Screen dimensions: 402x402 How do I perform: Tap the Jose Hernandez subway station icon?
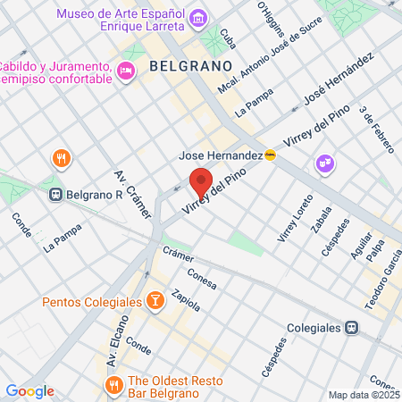click(270, 155)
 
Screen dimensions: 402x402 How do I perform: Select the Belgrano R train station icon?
click(56, 193)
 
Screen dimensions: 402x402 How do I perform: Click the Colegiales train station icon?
click(353, 328)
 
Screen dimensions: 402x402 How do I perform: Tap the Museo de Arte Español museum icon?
click(198, 18)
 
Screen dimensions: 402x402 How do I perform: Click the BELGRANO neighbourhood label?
click(190, 65)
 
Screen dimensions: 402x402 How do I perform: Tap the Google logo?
click(29, 390)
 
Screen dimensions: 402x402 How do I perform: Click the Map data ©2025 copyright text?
click(362, 395)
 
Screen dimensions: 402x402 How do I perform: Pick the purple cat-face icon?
click(322, 163)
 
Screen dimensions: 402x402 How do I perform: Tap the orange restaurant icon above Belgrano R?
click(61, 159)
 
